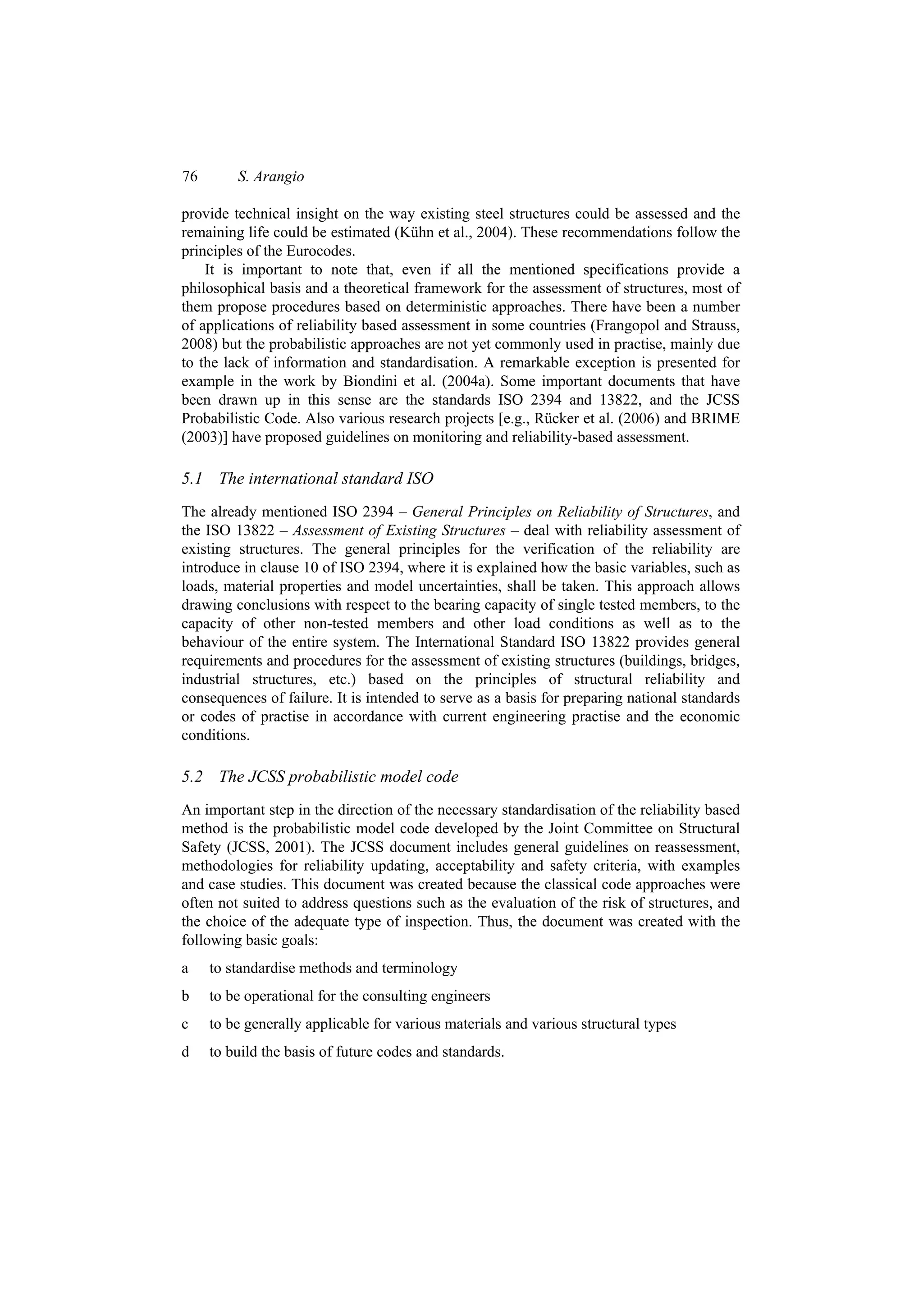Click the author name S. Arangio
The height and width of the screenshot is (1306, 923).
pos(270,177)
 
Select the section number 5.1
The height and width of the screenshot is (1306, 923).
pos(192,479)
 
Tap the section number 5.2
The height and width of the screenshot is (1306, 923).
pos(192,777)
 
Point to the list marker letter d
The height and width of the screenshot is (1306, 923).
pos(185,1052)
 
